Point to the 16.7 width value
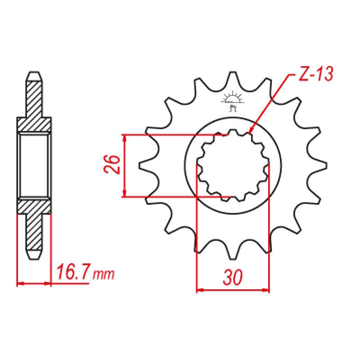(x=72, y=273)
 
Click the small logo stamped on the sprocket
(x=233, y=101)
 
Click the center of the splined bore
(x=233, y=165)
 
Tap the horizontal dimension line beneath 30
(x=233, y=290)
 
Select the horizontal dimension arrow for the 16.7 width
(x=34, y=283)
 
